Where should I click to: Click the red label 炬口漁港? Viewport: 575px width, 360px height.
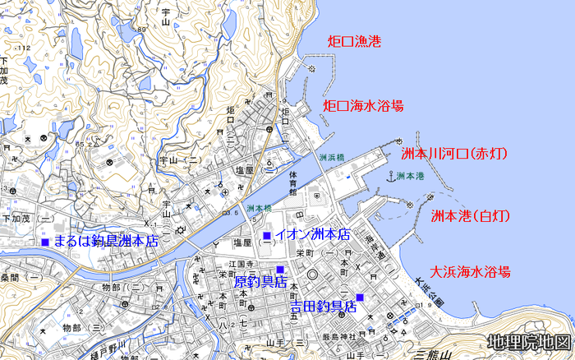[356, 41]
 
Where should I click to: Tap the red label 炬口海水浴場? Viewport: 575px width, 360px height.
[363, 106]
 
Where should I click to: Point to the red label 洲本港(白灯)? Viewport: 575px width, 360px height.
[471, 216]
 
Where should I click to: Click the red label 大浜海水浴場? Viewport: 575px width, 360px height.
[471, 271]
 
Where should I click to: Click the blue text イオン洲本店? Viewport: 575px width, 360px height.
[312, 235]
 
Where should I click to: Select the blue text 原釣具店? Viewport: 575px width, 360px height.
[260, 282]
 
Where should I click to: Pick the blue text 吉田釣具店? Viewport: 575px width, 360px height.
[324, 307]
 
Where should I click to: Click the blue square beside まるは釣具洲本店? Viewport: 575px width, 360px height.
[45, 242]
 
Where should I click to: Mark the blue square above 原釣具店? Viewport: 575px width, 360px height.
[279, 270]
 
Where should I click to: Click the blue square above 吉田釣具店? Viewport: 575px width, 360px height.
[359, 297]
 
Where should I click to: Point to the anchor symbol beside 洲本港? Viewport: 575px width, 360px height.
[389, 176]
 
